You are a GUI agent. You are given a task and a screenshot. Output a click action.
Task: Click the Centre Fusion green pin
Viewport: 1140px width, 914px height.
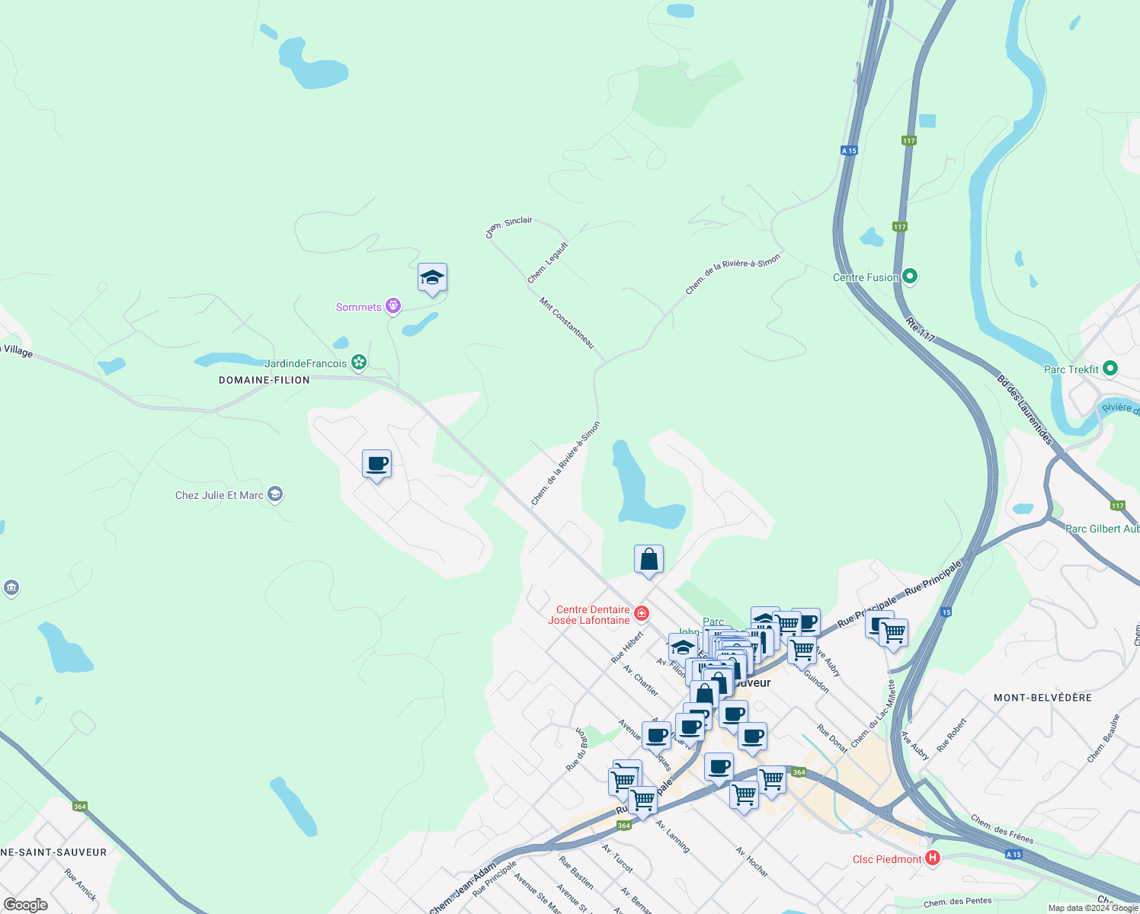pos(909,276)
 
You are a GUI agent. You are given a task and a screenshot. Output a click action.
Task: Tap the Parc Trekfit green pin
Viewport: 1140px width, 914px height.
pos(1110,369)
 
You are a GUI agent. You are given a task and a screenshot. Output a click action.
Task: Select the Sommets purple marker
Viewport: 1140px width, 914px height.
pos(392,306)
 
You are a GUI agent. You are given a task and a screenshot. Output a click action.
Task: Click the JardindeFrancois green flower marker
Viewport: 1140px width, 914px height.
pos(359,363)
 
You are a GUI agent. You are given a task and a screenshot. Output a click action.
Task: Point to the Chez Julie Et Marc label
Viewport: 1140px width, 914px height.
pos(219,495)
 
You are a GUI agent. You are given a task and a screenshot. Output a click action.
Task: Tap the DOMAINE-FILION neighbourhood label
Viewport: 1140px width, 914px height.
pos(264,380)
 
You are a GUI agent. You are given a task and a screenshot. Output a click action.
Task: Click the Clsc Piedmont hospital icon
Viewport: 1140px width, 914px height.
pos(932,858)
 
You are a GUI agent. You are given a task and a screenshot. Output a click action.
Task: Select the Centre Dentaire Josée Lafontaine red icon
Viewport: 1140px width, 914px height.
pos(642,613)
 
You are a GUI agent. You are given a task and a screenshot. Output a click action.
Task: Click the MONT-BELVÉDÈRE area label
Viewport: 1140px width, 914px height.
pos(1042,698)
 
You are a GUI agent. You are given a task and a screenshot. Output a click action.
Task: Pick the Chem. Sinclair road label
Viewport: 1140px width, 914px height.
pos(509,226)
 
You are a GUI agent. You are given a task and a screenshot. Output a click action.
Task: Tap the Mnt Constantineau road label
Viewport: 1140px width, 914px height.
pos(567,323)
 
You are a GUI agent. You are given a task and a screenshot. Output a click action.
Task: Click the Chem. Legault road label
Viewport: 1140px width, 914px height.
pos(548,263)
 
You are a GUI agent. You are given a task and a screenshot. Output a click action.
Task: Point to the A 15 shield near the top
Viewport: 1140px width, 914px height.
pos(849,151)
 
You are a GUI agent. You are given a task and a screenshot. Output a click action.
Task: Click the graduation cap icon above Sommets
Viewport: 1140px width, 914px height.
pos(432,278)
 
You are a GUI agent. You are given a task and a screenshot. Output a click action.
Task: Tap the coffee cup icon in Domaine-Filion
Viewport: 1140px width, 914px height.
pos(377,463)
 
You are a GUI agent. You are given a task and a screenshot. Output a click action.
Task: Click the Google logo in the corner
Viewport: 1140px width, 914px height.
pos(26,904)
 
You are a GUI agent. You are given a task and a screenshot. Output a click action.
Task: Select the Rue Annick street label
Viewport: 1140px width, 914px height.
pos(81,884)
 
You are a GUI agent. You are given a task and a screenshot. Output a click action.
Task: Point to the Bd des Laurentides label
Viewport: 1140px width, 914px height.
pos(1025,410)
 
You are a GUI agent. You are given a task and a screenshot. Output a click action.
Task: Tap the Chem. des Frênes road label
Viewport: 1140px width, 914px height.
pos(1002,829)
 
